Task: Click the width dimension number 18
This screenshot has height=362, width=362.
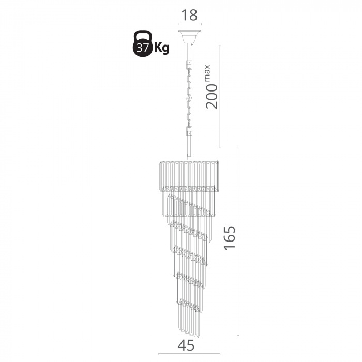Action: click(x=189, y=15)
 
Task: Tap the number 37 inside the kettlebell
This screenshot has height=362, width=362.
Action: click(x=142, y=48)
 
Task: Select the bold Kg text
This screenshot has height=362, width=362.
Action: click(x=161, y=48)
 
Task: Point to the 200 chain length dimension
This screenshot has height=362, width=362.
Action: click(x=212, y=96)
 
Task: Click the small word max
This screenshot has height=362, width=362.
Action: click(x=207, y=72)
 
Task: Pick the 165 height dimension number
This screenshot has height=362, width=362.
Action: click(x=230, y=238)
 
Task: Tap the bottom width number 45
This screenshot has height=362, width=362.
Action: click(x=186, y=345)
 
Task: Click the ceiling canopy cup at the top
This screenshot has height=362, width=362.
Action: click(x=189, y=37)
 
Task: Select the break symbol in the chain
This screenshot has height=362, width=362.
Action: click(x=189, y=98)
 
